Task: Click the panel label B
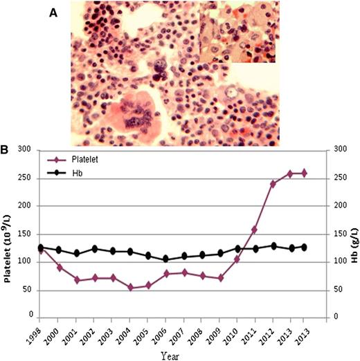coord(6,149)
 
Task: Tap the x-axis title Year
coord(172,353)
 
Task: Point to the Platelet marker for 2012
coord(273,184)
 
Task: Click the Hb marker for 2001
coord(78,254)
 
